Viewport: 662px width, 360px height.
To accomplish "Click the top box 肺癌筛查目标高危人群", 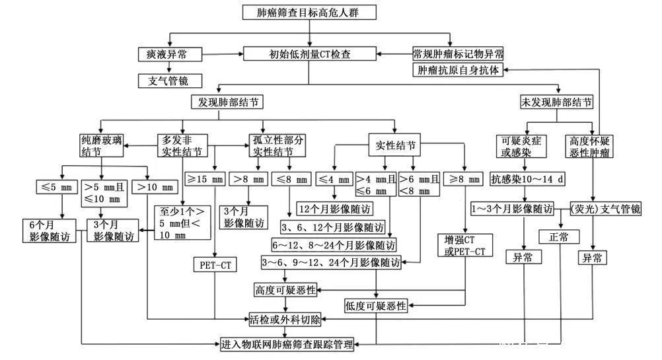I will (x=309, y=13).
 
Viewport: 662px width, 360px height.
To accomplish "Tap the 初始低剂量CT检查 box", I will (x=309, y=54).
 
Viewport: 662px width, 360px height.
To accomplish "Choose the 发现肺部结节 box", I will (x=226, y=102).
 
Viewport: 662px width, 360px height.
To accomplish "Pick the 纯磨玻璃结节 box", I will (x=100, y=146).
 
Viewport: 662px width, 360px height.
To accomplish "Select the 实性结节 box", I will (x=395, y=145).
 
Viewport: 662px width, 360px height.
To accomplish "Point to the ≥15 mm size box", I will (x=205, y=179).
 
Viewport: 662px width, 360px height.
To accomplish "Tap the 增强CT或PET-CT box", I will (x=465, y=244).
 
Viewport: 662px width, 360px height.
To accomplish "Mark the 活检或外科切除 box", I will (x=285, y=320).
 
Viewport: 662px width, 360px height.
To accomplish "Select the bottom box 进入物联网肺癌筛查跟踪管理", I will (x=287, y=343).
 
